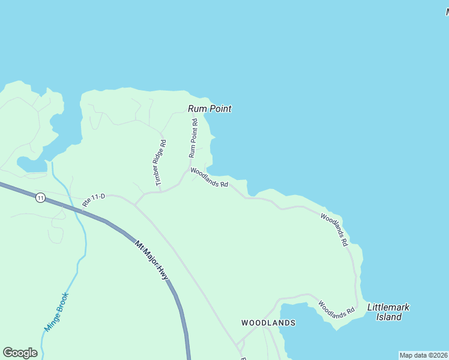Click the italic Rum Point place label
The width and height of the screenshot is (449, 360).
tap(209, 109)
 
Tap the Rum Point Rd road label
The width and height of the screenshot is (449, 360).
tap(194, 138)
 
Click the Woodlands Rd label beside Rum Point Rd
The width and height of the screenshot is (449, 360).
tap(209, 178)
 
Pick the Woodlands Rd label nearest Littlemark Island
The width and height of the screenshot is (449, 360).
tap(337, 310)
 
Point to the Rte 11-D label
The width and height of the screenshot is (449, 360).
tap(94, 200)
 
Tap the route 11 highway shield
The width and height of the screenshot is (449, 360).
tap(40, 197)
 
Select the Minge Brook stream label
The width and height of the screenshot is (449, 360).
tap(57, 312)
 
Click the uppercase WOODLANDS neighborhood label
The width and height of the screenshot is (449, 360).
tap(268, 323)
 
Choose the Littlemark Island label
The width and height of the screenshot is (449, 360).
tap(388, 312)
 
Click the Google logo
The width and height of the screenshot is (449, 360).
tap(20, 353)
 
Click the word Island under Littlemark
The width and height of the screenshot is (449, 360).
tap(389, 317)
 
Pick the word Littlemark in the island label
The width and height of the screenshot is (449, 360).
tap(388, 307)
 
